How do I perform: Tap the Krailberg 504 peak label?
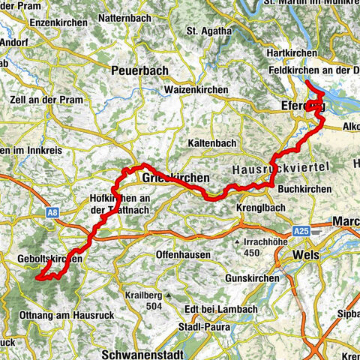(x=145, y=301)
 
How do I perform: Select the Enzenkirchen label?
(x=55, y=23)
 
